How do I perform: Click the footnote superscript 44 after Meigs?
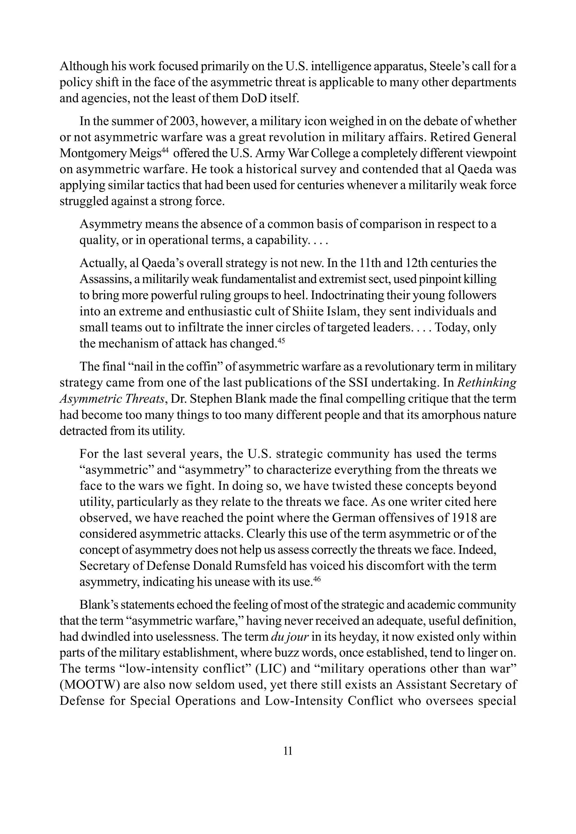click(165, 150)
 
